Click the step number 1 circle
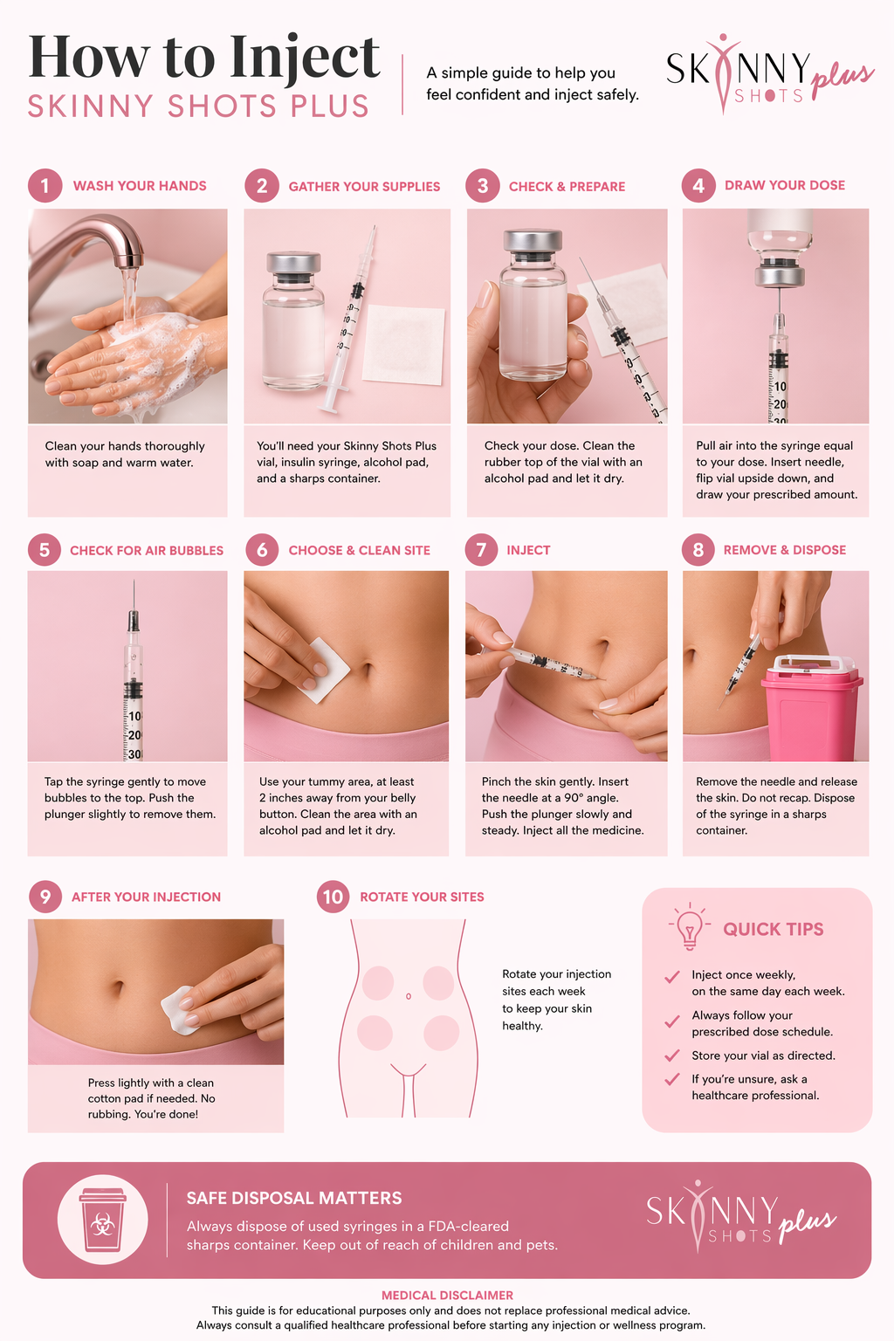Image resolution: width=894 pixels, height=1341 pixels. (45, 186)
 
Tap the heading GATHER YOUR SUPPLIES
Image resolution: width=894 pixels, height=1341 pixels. (364, 187)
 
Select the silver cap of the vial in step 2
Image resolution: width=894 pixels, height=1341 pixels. (293, 263)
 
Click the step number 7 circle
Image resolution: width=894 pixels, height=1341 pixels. (481, 549)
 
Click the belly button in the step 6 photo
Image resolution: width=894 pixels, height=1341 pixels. (367, 668)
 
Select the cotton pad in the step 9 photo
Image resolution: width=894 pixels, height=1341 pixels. (180, 1010)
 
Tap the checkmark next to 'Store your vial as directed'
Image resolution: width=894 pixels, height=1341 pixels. (672, 1055)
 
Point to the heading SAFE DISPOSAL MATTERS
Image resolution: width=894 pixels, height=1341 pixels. (294, 1198)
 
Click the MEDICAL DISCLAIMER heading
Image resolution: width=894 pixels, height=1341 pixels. (447, 1295)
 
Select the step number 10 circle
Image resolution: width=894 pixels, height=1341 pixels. (333, 897)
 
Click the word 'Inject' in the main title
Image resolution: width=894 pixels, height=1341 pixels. (305, 58)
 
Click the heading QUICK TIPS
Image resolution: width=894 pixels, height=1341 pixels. (773, 929)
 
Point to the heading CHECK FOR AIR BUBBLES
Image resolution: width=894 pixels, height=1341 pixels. (147, 550)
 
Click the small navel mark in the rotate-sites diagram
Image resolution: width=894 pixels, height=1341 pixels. (409, 996)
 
